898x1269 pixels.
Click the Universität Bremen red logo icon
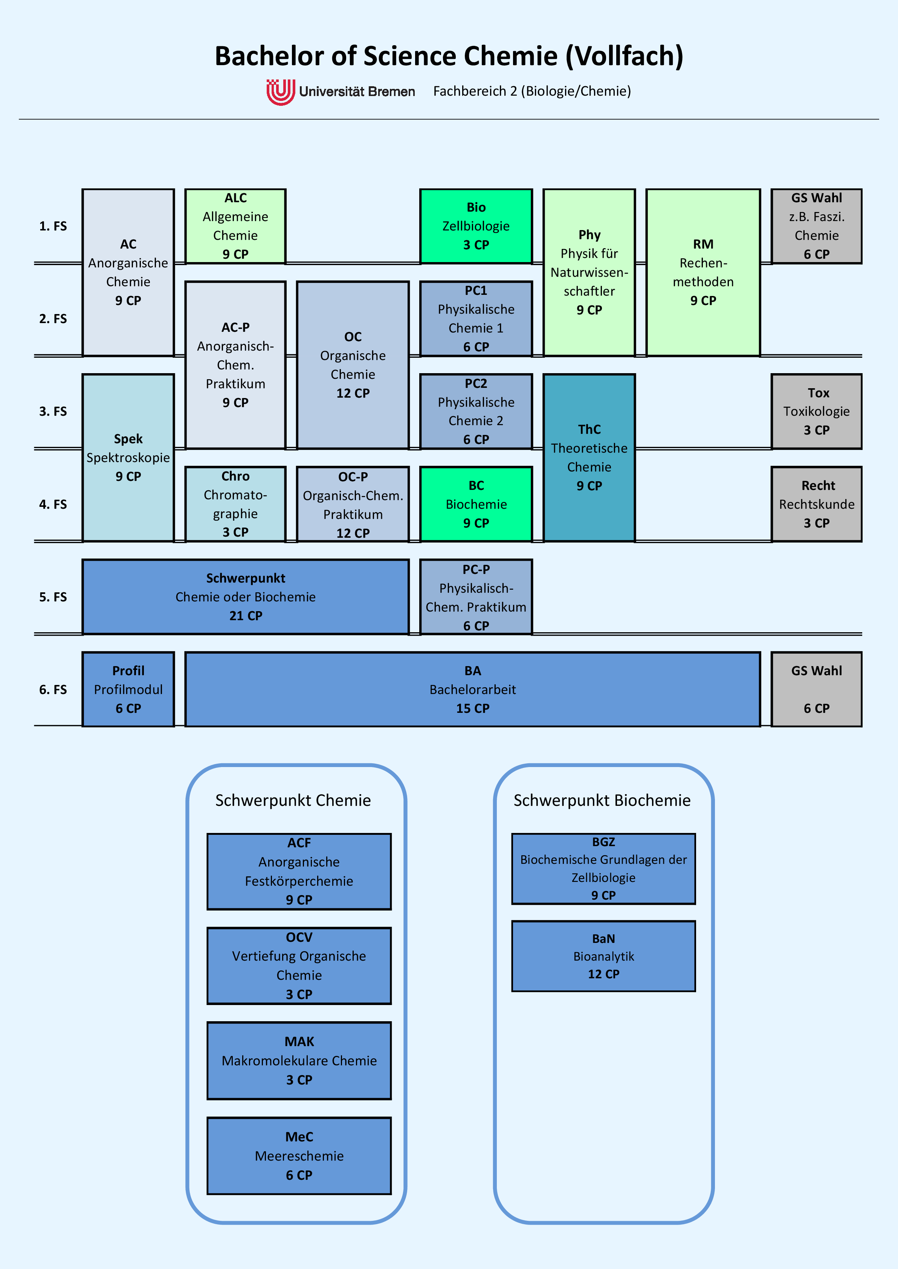pos(280,92)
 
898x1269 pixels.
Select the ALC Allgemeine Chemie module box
pos(235,226)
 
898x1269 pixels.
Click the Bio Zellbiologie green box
pos(476,226)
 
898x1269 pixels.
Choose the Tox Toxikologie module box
pos(816,411)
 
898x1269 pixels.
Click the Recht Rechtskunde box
pos(816,504)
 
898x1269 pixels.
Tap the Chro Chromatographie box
pos(235,504)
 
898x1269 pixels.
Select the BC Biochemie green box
pos(476,504)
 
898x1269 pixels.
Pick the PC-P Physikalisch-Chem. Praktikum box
pos(476,597)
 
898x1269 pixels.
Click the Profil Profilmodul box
pos(128,689)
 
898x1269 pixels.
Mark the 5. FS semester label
pos(53,597)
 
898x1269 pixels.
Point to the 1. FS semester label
pos(53,226)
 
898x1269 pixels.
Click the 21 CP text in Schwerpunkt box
pos(246,616)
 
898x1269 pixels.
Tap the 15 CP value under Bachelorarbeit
pos(473,709)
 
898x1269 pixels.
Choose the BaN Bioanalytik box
pos(603,956)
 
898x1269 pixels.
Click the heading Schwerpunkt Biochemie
pos(602,800)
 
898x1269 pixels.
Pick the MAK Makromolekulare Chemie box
pos(299,1061)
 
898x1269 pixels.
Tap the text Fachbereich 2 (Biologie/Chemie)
pos(532,91)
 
